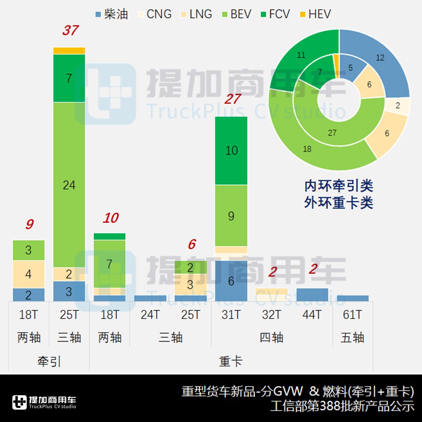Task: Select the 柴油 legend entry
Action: [x=111, y=14]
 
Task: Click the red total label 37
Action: [x=70, y=30]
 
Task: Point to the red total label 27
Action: [x=232, y=99]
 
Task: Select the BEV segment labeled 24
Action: [x=69, y=185]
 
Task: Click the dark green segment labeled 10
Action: [x=231, y=150]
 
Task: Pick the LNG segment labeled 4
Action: [x=28, y=274]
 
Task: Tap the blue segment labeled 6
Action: [x=231, y=281]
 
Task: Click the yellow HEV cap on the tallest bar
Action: [x=69, y=51]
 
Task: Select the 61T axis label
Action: [x=352, y=315]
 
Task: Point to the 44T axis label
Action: [x=312, y=315]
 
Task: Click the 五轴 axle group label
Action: [x=352, y=338]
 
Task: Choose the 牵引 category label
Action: [x=49, y=361]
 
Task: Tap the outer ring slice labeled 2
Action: [x=398, y=105]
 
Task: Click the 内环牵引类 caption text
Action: [x=339, y=186]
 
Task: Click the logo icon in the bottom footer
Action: [x=19, y=402]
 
